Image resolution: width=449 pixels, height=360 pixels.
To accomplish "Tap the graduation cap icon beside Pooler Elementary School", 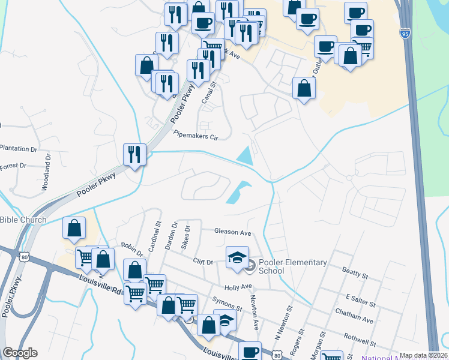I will pyautogui.click(x=237, y=257).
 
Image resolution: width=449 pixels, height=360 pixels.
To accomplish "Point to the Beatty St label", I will pyautogui.click(x=354, y=275).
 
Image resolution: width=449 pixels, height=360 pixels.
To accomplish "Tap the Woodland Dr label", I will pyautogui.click(x=46, y=172).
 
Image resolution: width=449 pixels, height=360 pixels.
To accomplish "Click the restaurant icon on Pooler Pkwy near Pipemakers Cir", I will pyautogui.click(x=133, y=155).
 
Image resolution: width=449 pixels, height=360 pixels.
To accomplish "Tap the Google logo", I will pyautogui.click(x=20, y=353).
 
